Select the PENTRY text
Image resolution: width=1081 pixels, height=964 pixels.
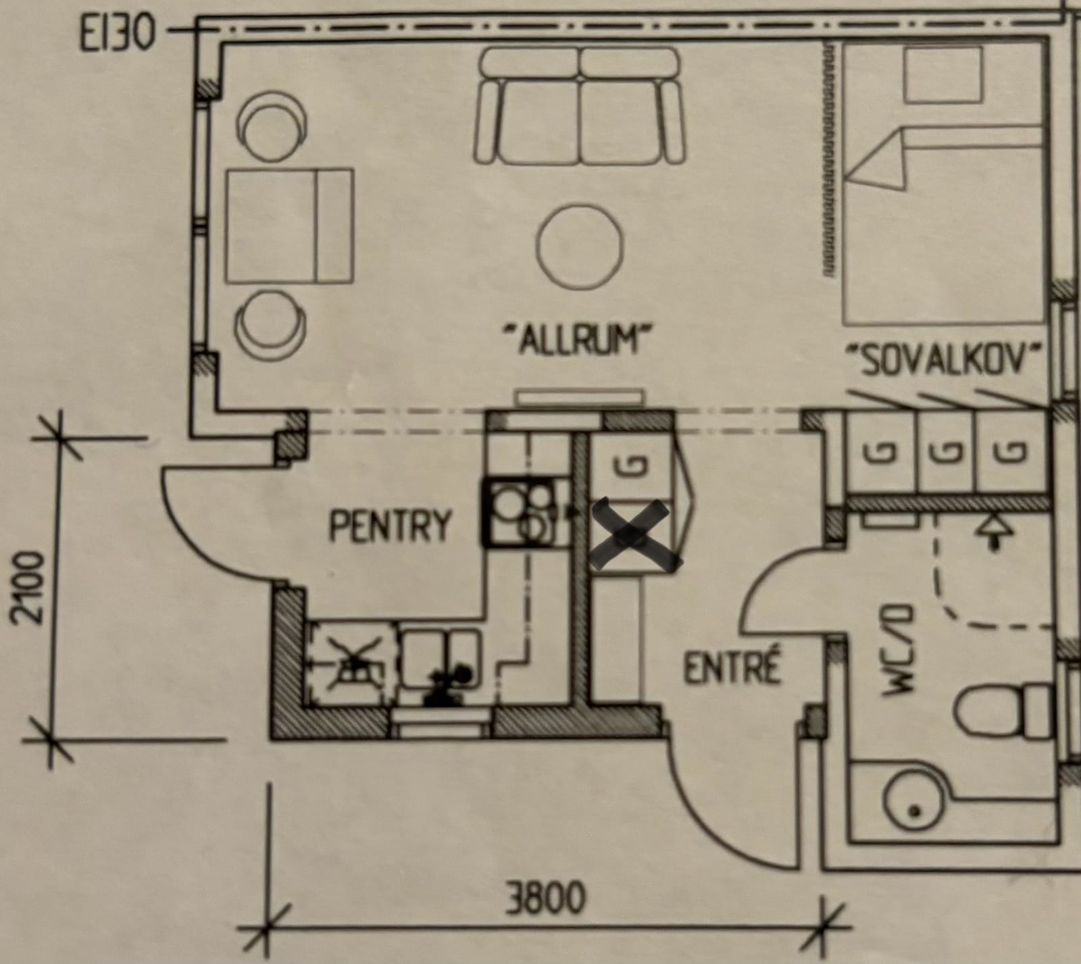[x=390, y=526]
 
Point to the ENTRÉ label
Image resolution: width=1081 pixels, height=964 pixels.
[x=732, y=669]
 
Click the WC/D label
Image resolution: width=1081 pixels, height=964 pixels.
[x=900, y=651]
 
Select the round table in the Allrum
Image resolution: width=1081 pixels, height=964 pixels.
[x=580, y=247]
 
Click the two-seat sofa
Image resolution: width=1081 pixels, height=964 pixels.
[x=580, y=107]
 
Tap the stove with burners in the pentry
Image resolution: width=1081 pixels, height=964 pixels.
[x=518, y=511]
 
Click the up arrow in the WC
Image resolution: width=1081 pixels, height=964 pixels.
[x=992, y=530]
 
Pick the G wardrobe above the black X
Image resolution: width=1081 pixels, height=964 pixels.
[x=631, y=466]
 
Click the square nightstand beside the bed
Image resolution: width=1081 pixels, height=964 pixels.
[x=943, y=76]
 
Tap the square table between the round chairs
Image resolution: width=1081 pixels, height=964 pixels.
[x=289, y=226]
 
